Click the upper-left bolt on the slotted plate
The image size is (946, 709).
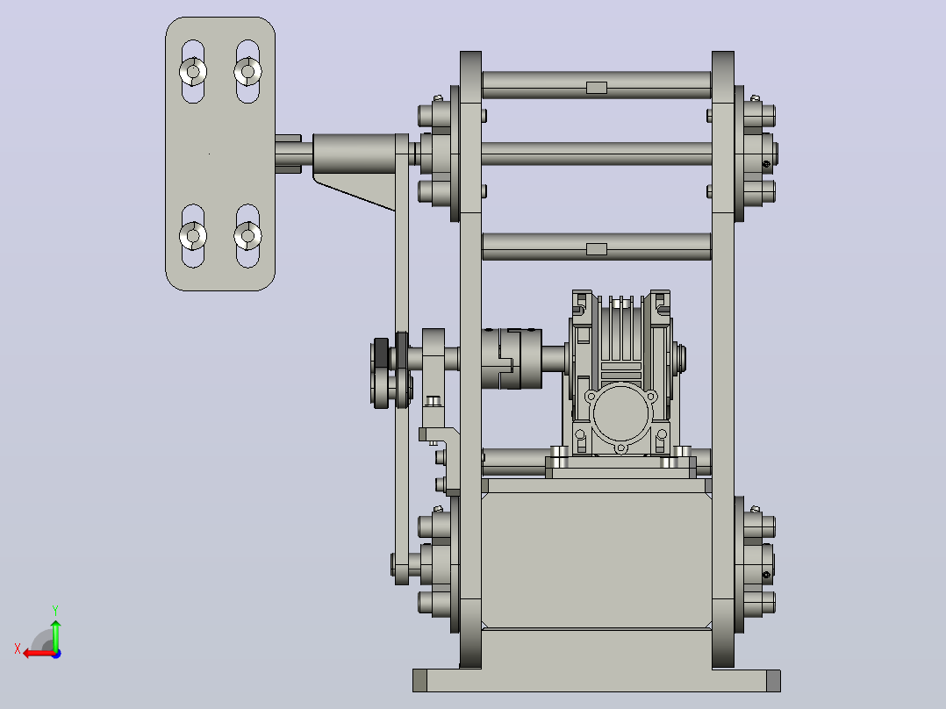193,72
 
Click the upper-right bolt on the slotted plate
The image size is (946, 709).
247,72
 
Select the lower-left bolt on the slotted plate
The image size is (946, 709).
193,235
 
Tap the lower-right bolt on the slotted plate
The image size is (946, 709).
247,235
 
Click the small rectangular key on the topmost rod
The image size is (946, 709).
597,88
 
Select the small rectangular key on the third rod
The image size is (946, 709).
597,249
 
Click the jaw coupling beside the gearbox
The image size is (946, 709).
512,358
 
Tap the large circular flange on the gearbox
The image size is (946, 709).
621,414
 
